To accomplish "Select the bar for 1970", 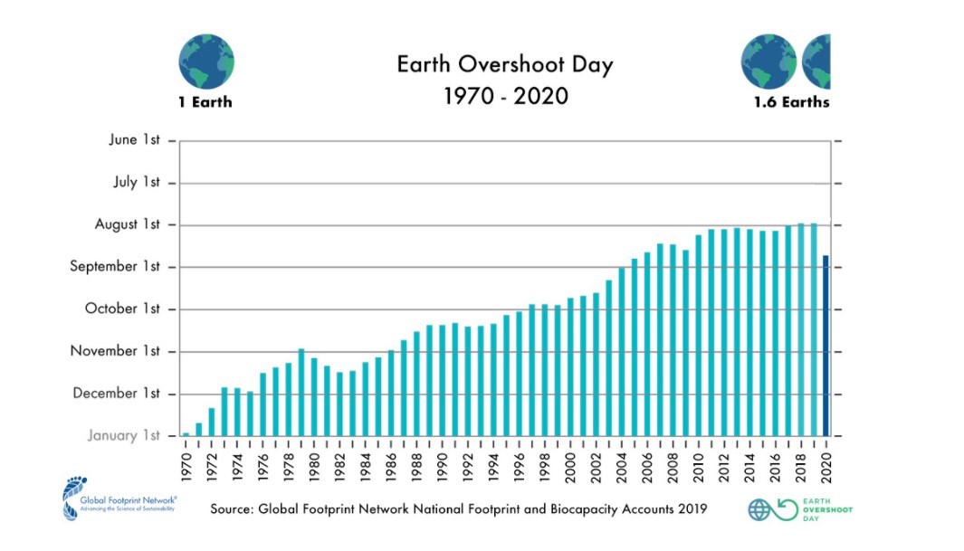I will pyautogui.click(x=186, y=434).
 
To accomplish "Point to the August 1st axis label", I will pyautogui.click(x=128, y=224).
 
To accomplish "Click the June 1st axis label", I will pyautogui.click(x=135, y=140).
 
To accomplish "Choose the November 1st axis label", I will pyautogui.click(x=115, y=351).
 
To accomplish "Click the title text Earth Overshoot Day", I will pyautogui.click(x=505, y=65).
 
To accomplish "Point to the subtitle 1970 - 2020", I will pyautogui.click(x=505, y=95).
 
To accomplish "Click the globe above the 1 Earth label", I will pyautogui.click(x=206, y=62).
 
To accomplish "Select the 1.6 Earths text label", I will pyautogui.click(x=791, y=102).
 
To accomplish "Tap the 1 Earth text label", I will pyautogui.click(x=205, y=102).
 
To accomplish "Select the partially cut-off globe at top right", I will pyautogui.click(x=817, y=62).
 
